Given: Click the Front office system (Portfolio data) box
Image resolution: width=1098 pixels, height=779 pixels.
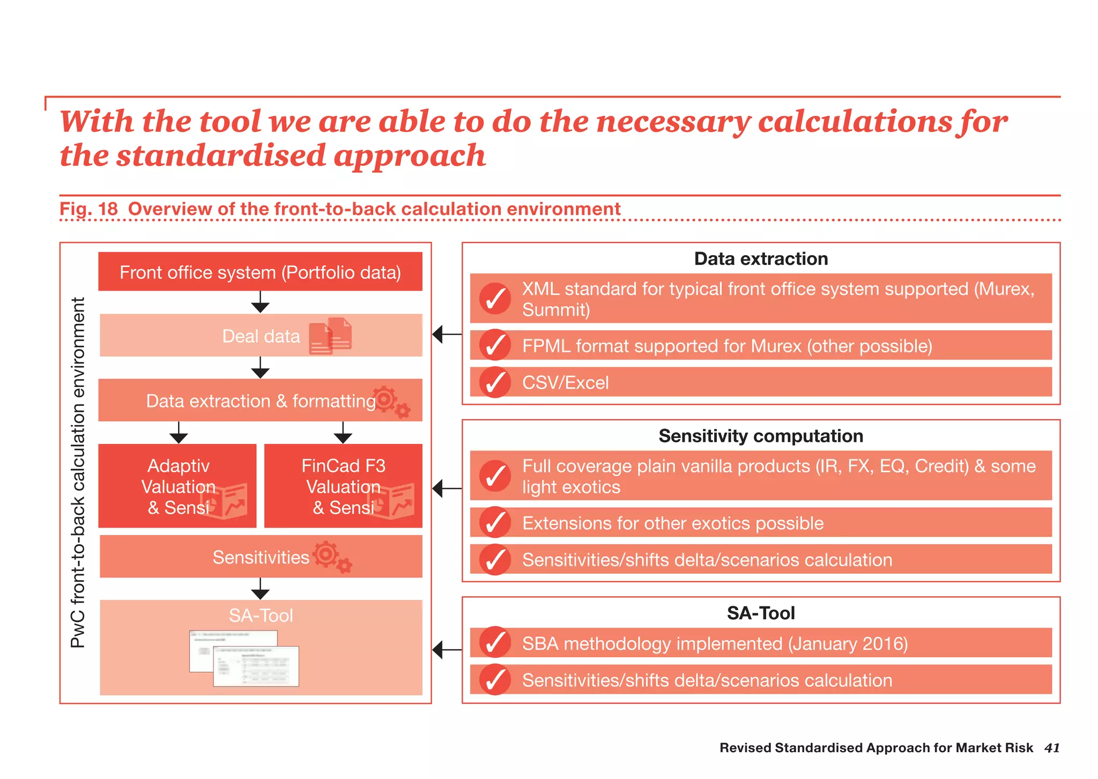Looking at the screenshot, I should [260, 272].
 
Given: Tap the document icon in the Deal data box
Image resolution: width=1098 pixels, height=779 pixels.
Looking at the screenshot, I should [331, 336].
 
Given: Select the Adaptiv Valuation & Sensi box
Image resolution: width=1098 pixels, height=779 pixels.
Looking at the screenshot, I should [177, 486].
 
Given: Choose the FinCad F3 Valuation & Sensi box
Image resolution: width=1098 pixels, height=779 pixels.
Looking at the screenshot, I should [343, 486].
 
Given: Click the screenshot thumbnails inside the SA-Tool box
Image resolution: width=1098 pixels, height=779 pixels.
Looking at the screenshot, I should [244, 658].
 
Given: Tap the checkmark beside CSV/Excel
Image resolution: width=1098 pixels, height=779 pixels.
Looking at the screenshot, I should [495, 382].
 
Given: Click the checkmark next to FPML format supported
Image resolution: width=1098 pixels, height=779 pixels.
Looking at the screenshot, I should [495, 345].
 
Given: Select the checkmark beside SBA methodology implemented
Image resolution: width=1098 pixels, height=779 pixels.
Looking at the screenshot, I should [495, 642].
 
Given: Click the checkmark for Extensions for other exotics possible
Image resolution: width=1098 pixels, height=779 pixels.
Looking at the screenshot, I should [495, 522].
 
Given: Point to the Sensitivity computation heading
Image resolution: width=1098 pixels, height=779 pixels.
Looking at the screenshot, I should [760, 436].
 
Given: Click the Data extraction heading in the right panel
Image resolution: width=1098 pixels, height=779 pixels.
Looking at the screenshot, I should [760, 259].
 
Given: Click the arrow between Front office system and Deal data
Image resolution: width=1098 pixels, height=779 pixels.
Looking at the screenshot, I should [260, 302].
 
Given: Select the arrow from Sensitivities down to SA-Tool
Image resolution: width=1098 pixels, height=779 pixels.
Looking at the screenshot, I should [260, 589].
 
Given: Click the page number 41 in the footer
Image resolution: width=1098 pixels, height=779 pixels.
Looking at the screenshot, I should [1051, 748].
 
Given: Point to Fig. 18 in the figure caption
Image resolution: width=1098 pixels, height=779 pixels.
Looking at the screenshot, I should [88, 209].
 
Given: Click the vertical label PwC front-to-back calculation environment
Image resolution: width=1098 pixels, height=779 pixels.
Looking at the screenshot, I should [78, 472].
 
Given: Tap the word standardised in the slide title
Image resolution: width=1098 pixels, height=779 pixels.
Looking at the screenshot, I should [221, 156].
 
